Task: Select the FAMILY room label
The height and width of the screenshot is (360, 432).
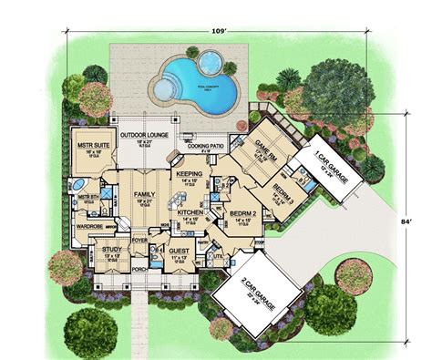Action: click(x=142, y=195)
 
